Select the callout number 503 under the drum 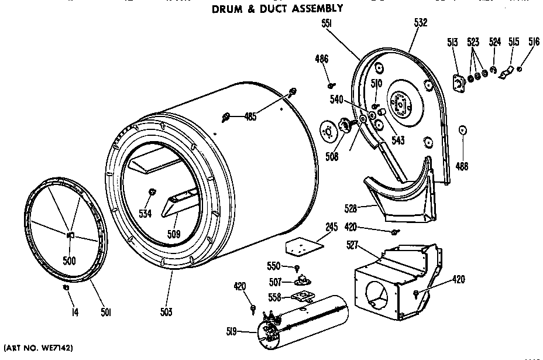pyautogui.click(x=166, y=313)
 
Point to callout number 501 pyautogui.click(x=106, y=313)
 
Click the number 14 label pyautogui.click(x=74, y=313)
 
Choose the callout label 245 pyautogui.click(x=331, y=227)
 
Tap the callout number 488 pyautogui.click(x=462, y=166)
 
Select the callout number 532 pyautogui.click(x=420, y=23)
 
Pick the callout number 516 pyautogui.click(x=534, y=42)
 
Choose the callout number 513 pyautogui.click(x=452, y=42)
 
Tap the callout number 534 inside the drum pyautogui.click(x=145, y=214)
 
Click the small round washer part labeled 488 pyautogui.click(x=462, y=130)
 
